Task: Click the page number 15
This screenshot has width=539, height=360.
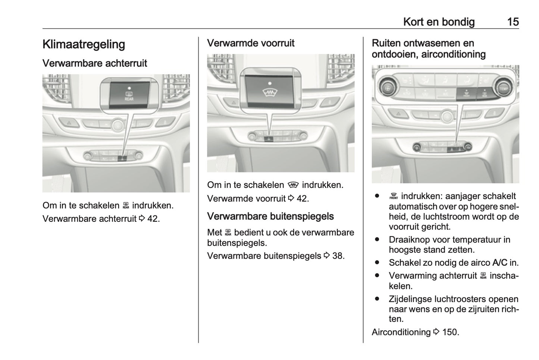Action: [513, 22]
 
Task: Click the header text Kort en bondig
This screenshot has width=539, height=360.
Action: [439, 22]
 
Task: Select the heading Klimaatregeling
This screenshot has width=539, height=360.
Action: [84, 44]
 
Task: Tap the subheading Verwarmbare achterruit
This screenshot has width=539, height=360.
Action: [95, 63]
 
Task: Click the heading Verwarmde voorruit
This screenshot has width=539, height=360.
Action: [251, 43]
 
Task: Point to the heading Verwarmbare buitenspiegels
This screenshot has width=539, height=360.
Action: [270, 216]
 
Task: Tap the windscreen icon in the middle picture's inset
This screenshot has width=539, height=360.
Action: [269, 92]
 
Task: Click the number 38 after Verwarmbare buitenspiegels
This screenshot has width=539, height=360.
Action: [337, 256]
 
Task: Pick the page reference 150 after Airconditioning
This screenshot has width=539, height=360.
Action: [450, 332]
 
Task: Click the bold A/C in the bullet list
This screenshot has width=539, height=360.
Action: [499, 263]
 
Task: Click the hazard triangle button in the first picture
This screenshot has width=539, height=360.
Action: [69, 122]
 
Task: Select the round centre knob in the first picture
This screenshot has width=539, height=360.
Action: [117, 125]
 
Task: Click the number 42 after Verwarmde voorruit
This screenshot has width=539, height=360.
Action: [302, 199]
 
